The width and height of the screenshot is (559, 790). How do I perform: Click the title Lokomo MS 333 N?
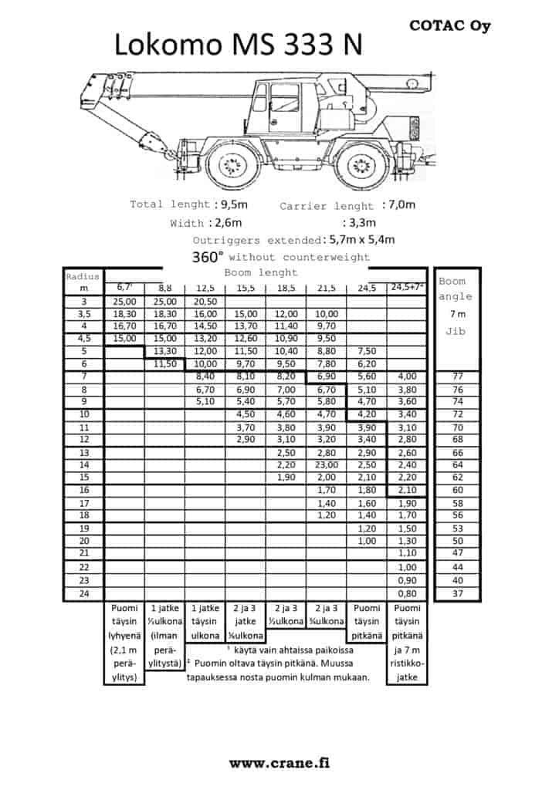[239, 46]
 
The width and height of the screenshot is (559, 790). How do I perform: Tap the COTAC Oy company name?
[449, 25]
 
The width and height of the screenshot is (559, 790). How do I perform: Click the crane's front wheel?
[231, 164]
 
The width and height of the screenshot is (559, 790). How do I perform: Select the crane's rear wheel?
[361, 164]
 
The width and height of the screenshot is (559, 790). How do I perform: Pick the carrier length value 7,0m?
[399, 205]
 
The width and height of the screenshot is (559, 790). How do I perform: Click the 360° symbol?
[208, 257]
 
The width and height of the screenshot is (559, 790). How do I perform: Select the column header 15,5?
[246, 288]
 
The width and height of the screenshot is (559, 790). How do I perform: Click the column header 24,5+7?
[407, 288]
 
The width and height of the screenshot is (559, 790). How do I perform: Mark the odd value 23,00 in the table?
[326, 465]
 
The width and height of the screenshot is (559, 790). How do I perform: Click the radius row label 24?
[84, 594]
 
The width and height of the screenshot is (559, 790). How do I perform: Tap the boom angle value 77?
[458, 376]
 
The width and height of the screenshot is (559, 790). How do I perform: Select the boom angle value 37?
[458, 594]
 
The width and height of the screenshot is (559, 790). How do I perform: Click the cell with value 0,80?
[407, 594]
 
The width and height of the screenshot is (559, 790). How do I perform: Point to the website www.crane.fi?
[279, 762]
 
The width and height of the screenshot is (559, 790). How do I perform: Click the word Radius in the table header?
[83, 276]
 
